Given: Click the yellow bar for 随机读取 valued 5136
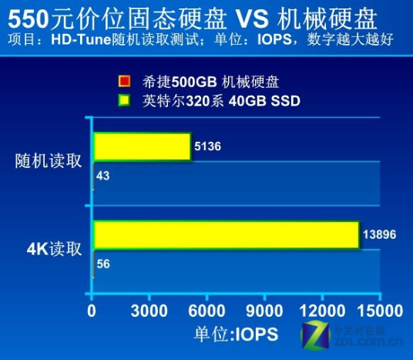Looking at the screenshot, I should tap(142, 146).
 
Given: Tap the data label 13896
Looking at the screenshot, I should tap(380, 233).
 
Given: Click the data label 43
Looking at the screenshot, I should tap(103, 177).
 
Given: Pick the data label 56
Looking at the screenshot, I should tap(103, 264).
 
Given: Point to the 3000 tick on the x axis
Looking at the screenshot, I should tap(149, 311).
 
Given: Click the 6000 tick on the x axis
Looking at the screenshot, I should tap(206, 311).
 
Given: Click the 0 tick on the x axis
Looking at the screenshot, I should tap(92, 311).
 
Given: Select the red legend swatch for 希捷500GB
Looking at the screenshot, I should tap(123, 82).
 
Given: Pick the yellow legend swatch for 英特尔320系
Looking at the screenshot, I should tap(123, 99).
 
